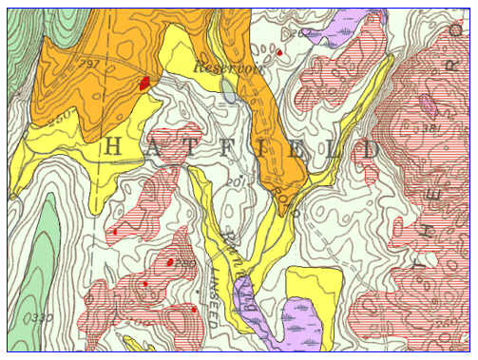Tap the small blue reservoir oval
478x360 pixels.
pos(229,91)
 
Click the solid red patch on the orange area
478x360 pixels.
pos(144,83)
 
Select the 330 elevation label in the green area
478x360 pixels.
pos(41,315)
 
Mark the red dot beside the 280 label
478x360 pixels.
pos(169,262)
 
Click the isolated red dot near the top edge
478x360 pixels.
pos(280,53)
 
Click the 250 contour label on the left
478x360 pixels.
pos(61,117)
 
